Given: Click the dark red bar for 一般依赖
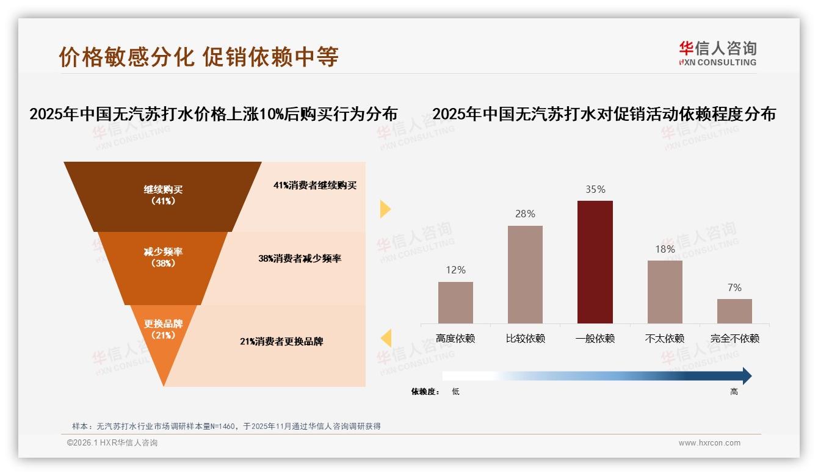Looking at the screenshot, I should click(x=595, y=262).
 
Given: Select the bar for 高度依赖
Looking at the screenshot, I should click(x=455, y=302).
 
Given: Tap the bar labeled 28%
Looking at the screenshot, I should click(x=525, y=274).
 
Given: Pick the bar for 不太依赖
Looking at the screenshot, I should click(x=665, y=292).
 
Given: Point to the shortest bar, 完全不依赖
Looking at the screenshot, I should click(x=734, y=311).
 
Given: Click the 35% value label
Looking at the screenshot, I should click(x=595, y=190).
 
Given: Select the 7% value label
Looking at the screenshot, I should click(x=734, y=287).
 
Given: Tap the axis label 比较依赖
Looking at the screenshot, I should click(x=525, y=338).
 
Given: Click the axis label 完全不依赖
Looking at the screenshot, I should click(x=734, y=338).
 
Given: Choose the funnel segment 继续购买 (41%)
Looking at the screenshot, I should click(x=163, y=195).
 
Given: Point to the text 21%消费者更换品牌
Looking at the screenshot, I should click(x=281, y=342).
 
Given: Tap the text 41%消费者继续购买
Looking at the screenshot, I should click(x=315, y=186).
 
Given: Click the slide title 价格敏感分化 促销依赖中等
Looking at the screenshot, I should click(x=198, y=57).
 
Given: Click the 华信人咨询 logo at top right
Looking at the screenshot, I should click(x=717, y=53).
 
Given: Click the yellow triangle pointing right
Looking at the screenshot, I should click(x=385, y=209).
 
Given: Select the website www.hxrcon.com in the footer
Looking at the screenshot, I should click(x=709, y=443).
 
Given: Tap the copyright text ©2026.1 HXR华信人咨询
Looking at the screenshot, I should click(x=112, y=443).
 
